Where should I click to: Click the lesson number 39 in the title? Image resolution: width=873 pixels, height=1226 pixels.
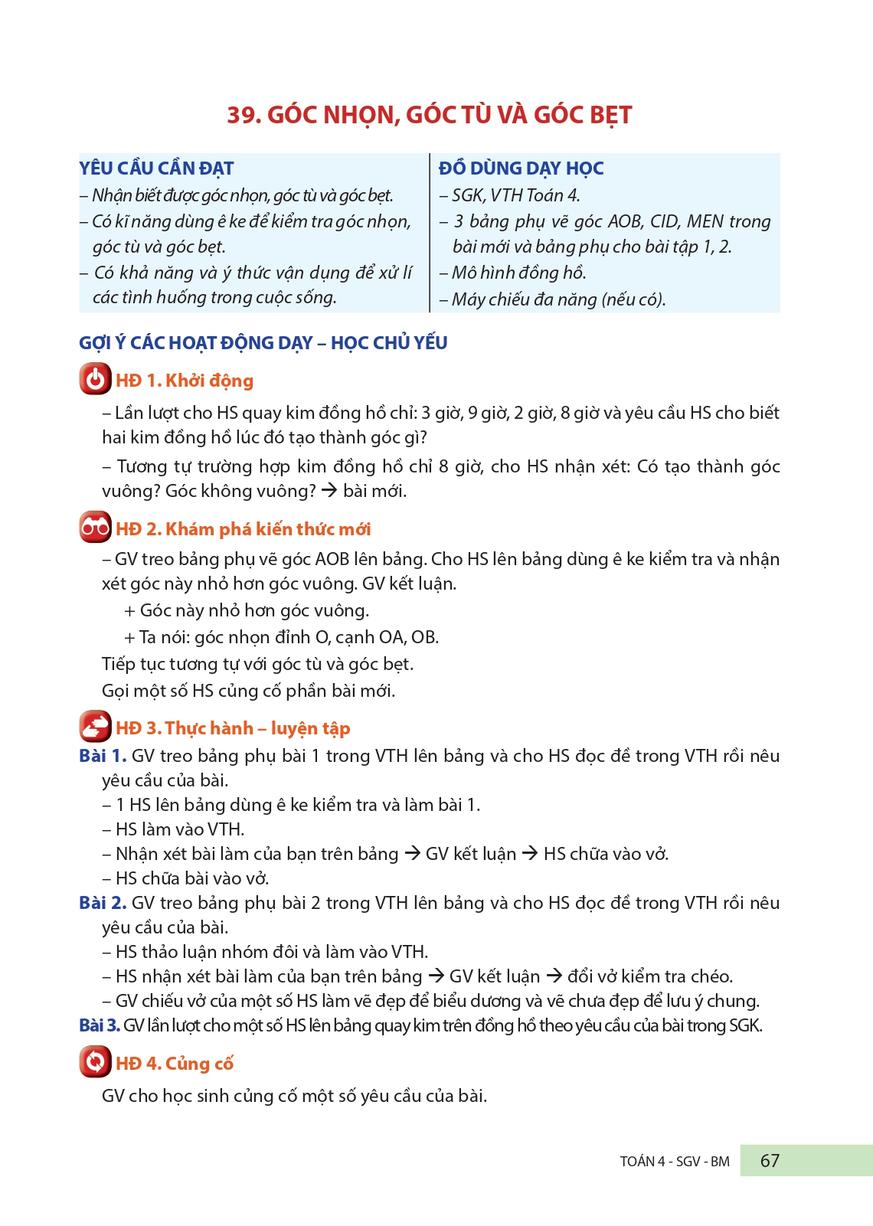(x=244, y=115)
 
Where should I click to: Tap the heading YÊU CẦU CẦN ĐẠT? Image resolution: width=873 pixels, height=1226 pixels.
(x=156, y=168)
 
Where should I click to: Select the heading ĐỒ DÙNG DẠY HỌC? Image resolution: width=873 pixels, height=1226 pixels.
(x=521, y=168)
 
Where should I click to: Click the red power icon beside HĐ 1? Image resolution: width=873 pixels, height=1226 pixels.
(x=95, y=380)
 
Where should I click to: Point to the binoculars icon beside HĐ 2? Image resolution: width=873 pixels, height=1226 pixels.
(x=95, y=528)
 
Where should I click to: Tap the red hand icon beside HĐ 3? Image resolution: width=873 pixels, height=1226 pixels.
(x=95, y=727)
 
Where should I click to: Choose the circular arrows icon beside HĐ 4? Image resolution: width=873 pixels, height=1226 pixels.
(x=95, y=1062)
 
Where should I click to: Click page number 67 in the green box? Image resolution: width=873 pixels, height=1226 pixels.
(x=770, y=1161)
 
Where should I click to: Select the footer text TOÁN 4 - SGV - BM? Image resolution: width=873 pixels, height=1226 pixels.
(x=674, y=1162)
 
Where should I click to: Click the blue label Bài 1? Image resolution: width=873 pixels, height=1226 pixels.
(x=102, y=756)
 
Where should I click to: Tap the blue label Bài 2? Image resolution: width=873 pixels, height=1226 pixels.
(x=102, y=903)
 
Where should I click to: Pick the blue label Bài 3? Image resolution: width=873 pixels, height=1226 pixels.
(x=100, y=1025)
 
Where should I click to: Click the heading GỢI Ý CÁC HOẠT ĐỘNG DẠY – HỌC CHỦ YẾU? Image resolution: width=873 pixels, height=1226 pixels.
(x=263, y=343)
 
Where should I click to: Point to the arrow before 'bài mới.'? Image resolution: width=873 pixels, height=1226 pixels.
(x=329, y=490)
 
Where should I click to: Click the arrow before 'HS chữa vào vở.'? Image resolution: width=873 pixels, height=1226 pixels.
(x=530, y=853)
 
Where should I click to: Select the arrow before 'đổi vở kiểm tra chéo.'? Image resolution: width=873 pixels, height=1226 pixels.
(x=554, y=976)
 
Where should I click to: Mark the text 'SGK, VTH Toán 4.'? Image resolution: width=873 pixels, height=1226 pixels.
(x=515, y=195)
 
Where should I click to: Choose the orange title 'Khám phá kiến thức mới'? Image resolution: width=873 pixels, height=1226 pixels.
(x=267, y=529)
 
